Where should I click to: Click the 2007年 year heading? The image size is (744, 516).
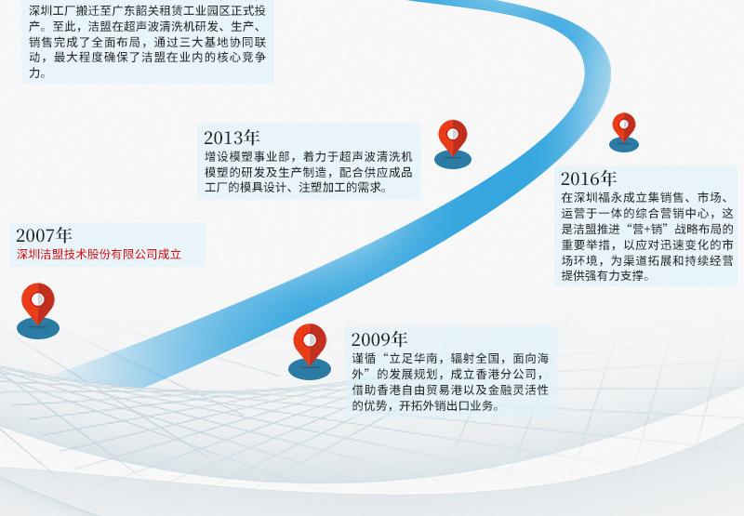click(x=44, y=235)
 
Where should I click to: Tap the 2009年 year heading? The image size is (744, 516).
click(x=379, y=339)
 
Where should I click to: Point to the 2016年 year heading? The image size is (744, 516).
click(x=589, y=179)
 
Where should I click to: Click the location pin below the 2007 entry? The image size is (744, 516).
click(x=38, y=303)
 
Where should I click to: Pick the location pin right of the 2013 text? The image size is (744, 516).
click(x=453, y=139)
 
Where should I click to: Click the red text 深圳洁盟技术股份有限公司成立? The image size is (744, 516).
click(x=99, y=254)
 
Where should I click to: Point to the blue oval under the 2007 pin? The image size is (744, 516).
click(x=38, y=327)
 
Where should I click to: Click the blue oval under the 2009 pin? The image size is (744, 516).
click(x=310, y=369)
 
